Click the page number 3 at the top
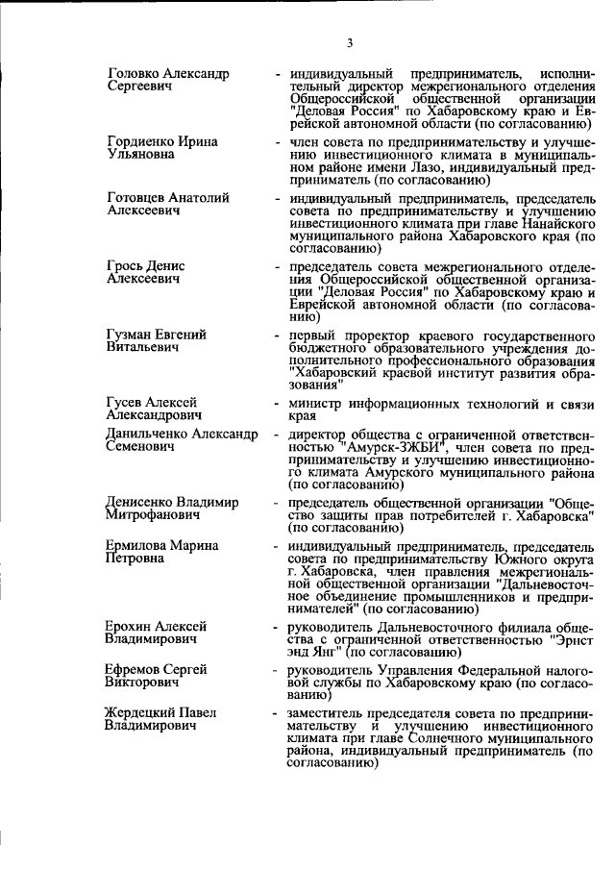(x=351, y=42)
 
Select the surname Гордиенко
(x=139, y=141)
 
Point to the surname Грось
(x=126, y=265)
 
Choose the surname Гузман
(x=131, y=334)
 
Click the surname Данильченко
(x=149, y=435)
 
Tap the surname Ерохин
(x=130, y=626)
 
